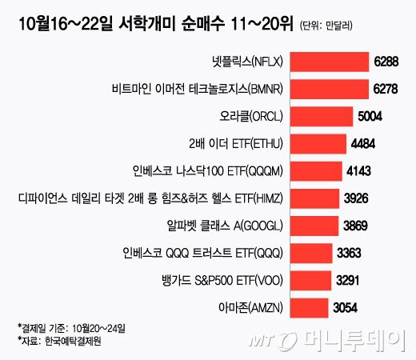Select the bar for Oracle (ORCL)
(320, 115)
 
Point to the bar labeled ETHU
(317, 142)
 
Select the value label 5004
(370, 115)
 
